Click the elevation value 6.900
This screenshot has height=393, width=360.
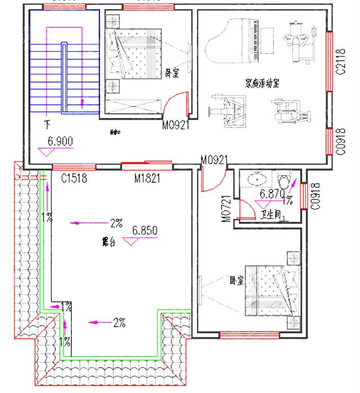coord(60,142)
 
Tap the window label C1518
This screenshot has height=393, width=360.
coord(74,179)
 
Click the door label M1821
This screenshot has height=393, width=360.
coord(147,179)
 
